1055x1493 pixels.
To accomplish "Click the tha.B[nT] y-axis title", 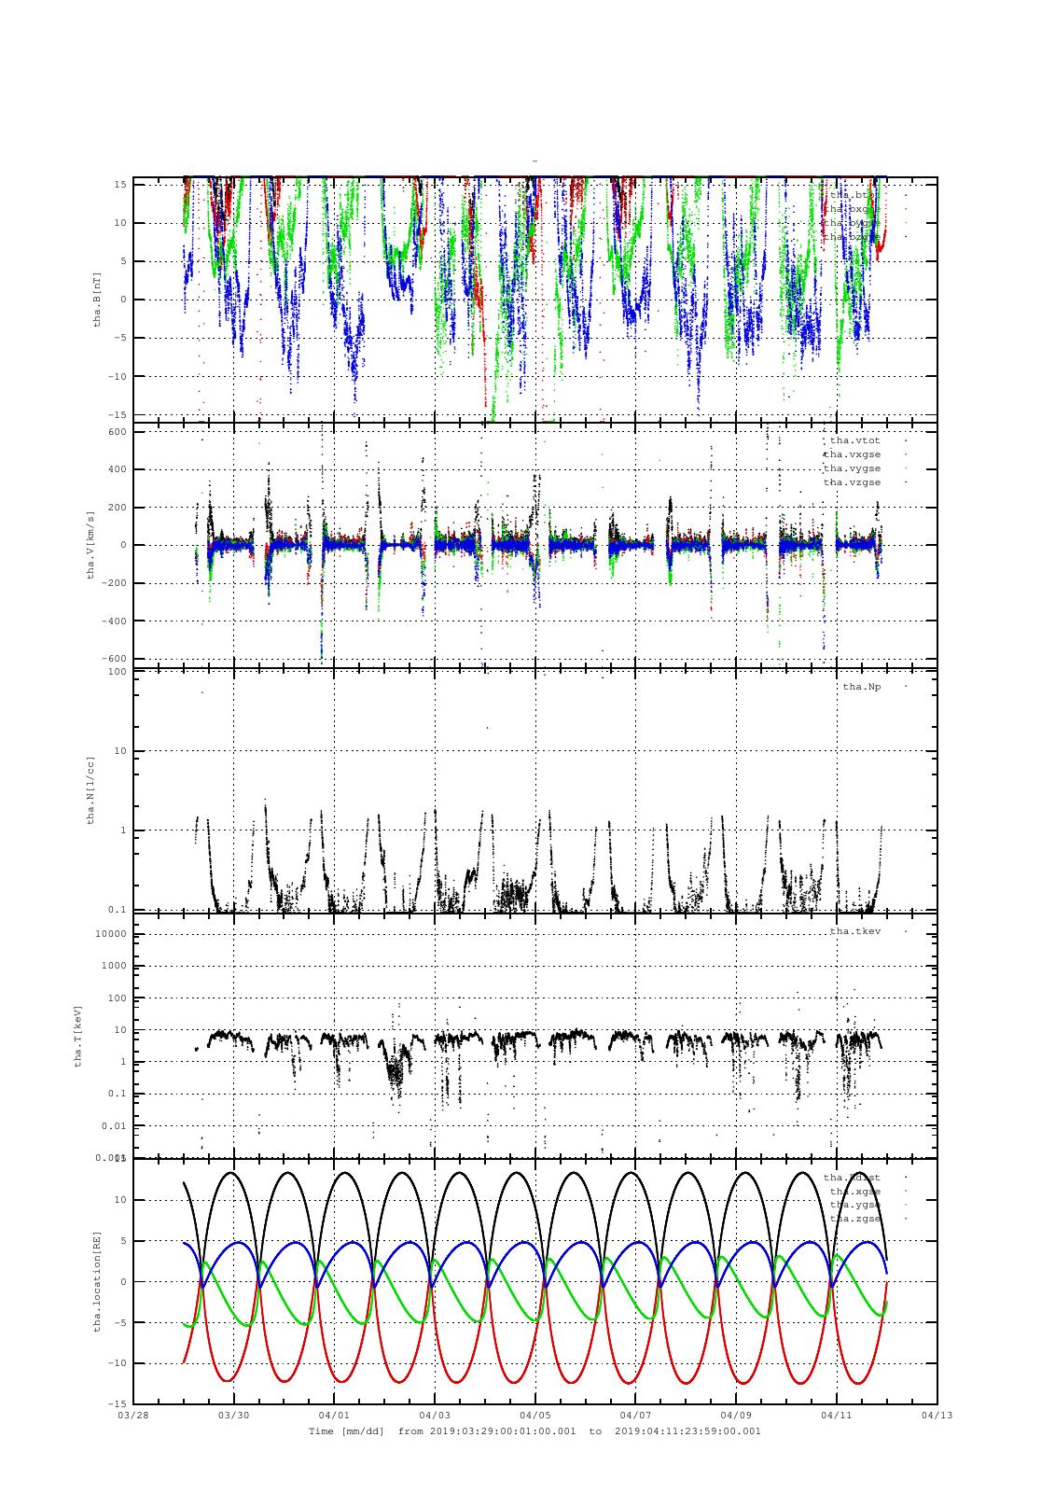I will click(97, 299).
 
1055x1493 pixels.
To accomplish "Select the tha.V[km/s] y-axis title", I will click(90, 545).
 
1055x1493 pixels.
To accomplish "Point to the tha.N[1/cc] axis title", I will click(90, 790).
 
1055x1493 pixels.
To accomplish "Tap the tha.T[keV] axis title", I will click(79, 1036).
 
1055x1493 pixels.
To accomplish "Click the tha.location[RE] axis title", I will click(97, 1281).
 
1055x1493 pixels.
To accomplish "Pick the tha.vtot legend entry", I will click(854, 440).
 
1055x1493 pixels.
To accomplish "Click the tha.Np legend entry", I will click(861, 688).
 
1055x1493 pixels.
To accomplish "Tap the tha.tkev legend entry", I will click(854, 931).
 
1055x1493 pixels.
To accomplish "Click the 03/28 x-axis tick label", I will click(133, 1416).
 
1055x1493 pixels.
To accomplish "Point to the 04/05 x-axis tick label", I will click(534, 1416).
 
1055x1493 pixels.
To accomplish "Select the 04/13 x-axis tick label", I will click(937, 1416).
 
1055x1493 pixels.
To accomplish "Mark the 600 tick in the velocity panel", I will click(117, 432).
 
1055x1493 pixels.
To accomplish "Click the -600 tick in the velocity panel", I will click(114, 659).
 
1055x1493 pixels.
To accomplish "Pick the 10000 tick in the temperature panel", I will click(111, 934).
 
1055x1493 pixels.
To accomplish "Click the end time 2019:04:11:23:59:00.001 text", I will click(688, 1430).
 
